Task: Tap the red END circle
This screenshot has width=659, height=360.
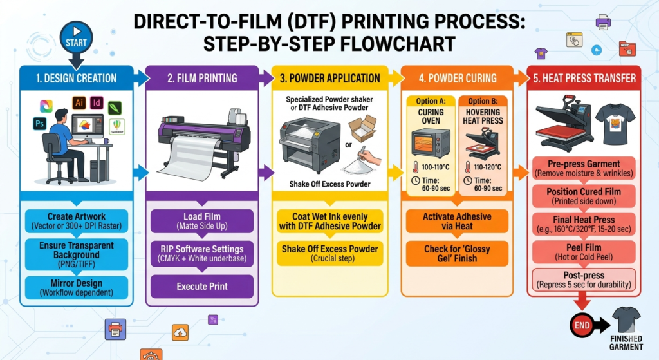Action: point(582,325)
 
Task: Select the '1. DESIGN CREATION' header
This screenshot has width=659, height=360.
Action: point(77,79)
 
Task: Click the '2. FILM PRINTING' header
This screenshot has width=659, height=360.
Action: point(203,79)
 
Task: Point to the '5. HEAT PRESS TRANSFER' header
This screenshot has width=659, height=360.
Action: point(584,79)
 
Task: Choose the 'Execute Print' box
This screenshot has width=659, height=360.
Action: point(203,286)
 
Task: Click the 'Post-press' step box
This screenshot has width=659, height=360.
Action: point(584,279)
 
